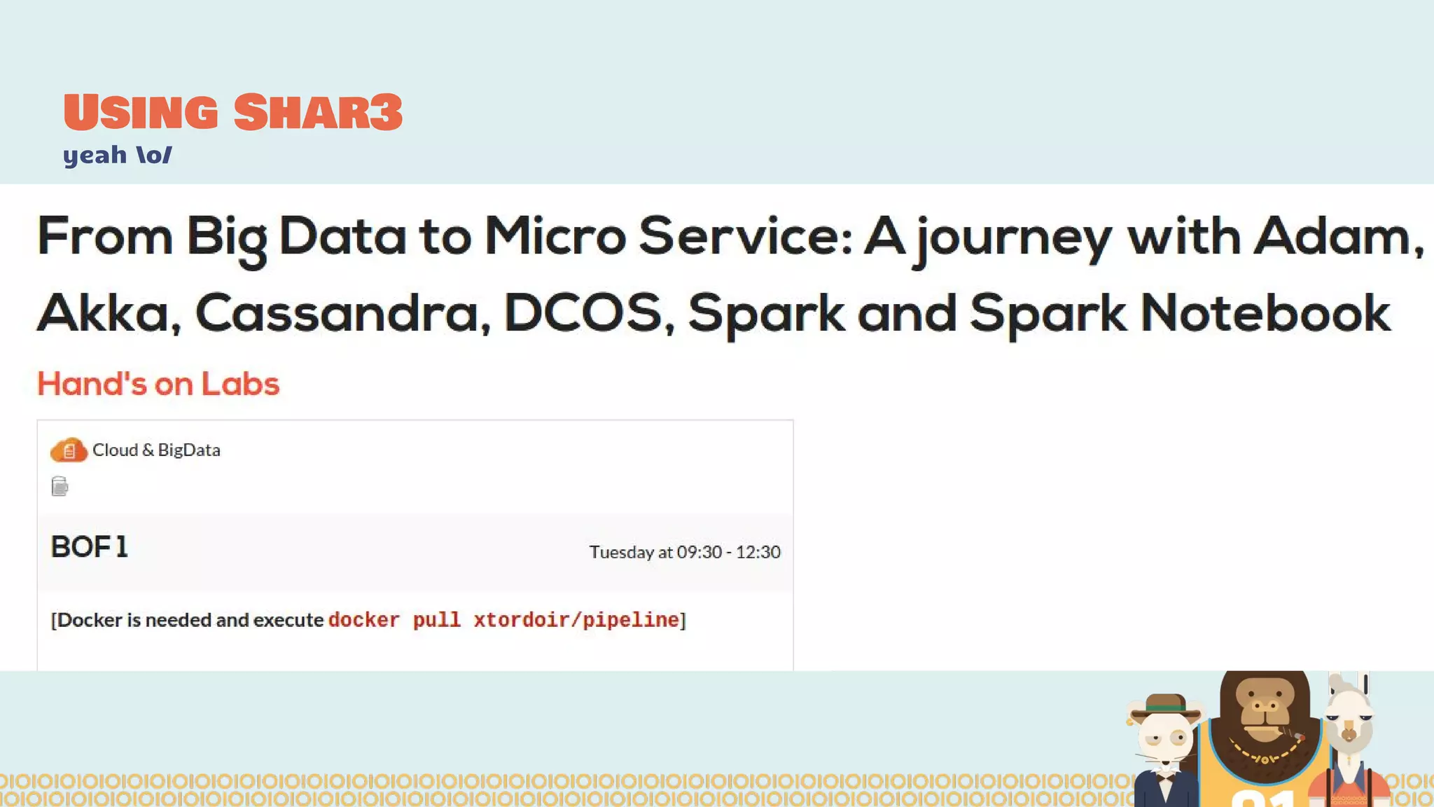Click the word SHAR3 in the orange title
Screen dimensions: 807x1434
(318, 112)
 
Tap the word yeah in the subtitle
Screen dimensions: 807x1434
(95, 155)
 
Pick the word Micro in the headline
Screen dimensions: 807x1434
(555, 236)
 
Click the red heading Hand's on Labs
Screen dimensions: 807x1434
(158, 384)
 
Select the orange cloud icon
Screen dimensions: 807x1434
(69, 450)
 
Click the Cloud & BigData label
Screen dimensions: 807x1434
(156, 450)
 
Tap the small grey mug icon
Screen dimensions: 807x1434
(60, 486)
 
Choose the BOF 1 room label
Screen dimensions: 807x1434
(90, 547)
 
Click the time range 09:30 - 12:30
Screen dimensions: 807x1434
(728, 552)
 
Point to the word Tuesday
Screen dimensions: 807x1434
(621, 552)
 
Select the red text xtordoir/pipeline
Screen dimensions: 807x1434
(576, 620)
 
